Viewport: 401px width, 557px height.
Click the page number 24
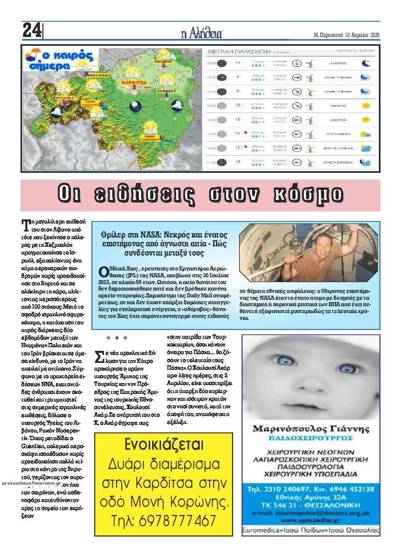click(x=32, y=31)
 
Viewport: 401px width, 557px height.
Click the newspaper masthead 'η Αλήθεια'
click(x=201, y=34)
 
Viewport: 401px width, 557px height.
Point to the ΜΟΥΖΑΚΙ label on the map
click(x=98, y=75)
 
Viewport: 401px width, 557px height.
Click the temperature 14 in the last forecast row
click(x=238, y=162)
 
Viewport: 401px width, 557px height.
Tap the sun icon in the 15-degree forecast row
click(x=366, y=120)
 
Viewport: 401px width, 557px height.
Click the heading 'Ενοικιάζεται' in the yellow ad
click(x=164, y=445)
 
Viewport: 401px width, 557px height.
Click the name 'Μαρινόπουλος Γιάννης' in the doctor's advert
click(x=310, y=428)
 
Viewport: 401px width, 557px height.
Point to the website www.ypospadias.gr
click(x=310, y=521)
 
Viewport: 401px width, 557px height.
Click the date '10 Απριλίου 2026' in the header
click(x=362, y=35)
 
